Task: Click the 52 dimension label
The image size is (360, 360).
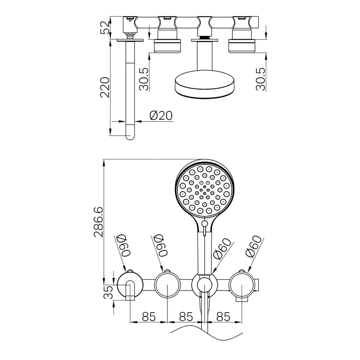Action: [105, 28]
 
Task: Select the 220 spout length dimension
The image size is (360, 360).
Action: [105, 87]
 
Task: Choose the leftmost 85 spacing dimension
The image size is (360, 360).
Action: [149, 316]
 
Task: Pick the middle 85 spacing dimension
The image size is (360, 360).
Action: [185, 316]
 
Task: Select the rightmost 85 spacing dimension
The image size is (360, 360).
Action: [223, 316]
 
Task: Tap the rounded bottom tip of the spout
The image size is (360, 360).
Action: [130, 135]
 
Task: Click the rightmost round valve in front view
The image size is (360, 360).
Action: [242, 285]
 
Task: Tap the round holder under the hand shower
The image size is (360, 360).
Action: [204, 285]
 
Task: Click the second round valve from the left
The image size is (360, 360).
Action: [167, 285]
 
